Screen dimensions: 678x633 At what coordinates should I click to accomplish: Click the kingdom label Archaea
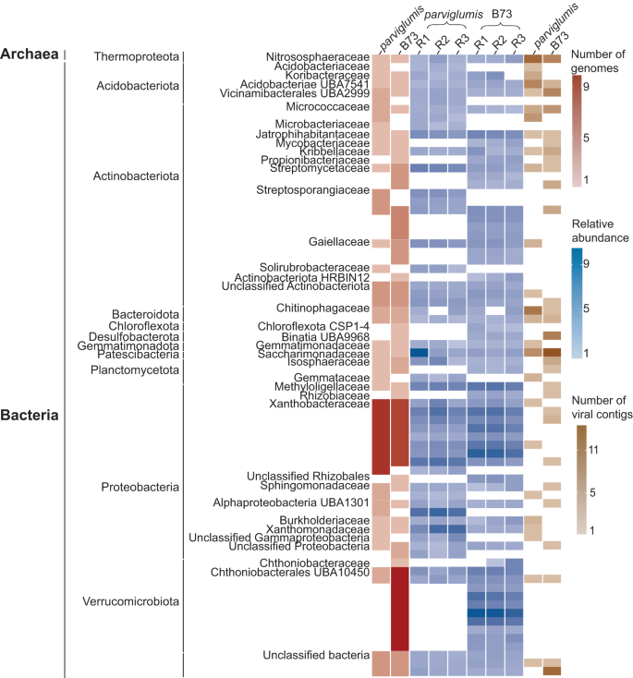pos(30,55)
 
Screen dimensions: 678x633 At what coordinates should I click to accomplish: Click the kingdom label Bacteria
pos(30,416)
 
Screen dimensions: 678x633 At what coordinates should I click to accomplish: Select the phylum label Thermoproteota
pos(136,57)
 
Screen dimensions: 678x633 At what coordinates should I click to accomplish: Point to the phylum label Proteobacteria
pos(139,486)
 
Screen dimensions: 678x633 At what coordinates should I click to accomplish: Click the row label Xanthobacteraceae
pos(319,404)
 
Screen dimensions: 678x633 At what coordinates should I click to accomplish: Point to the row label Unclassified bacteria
pos(316,655)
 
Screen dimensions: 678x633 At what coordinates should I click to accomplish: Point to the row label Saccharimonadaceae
pos(312,354)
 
